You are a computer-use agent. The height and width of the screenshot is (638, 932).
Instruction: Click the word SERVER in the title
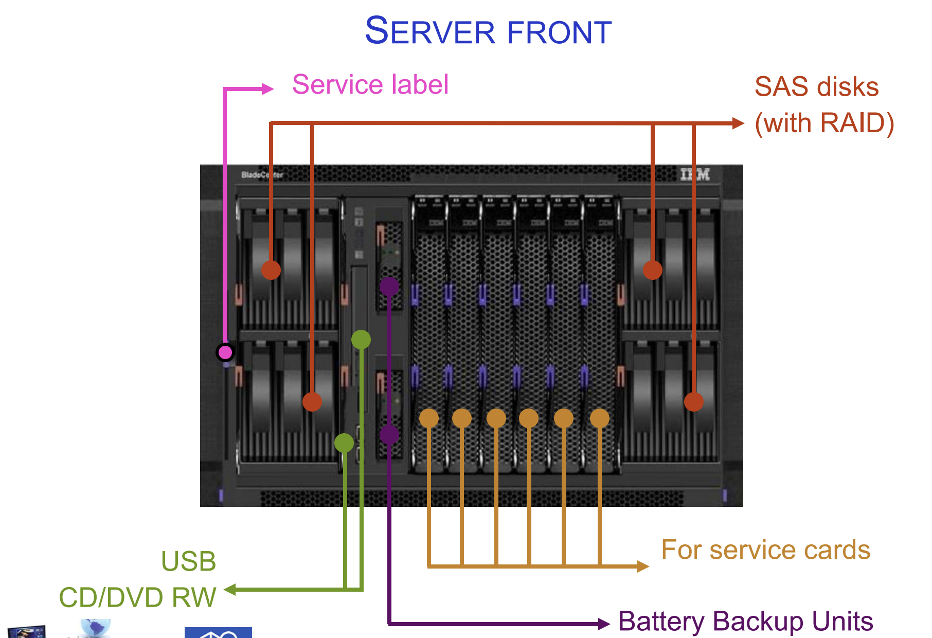[430, 31]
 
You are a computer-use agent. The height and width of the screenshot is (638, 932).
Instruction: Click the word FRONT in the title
[559, 32]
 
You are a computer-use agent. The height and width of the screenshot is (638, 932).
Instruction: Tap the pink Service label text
[370, 84]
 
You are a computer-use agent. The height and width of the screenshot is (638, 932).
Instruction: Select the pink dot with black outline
[225, 352]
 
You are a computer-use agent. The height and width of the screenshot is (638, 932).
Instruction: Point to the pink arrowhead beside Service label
[267, 89]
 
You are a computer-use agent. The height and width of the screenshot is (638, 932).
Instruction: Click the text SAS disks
[816, 86]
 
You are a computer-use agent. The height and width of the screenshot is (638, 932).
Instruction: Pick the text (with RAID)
[824, 123]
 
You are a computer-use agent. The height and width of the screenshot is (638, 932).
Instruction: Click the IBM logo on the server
[695, 174]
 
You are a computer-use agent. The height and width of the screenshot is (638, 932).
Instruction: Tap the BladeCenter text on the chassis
[262, 175]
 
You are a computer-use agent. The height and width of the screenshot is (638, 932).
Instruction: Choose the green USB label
[188, 561]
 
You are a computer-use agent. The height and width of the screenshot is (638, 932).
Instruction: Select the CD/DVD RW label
[137, 597]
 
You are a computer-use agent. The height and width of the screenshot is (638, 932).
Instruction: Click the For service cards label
[765, 550]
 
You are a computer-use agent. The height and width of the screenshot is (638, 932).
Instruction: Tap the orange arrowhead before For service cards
[643, 566]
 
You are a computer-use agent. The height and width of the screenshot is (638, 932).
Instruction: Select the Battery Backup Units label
[745, 621]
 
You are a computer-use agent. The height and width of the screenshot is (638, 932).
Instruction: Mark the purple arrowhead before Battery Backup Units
[604, 624]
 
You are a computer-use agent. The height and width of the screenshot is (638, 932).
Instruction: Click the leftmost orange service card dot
[429, 418]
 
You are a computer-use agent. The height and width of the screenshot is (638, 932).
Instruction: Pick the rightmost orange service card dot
[600, 418]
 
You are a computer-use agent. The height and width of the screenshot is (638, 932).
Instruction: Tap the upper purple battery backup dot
[389, 286]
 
